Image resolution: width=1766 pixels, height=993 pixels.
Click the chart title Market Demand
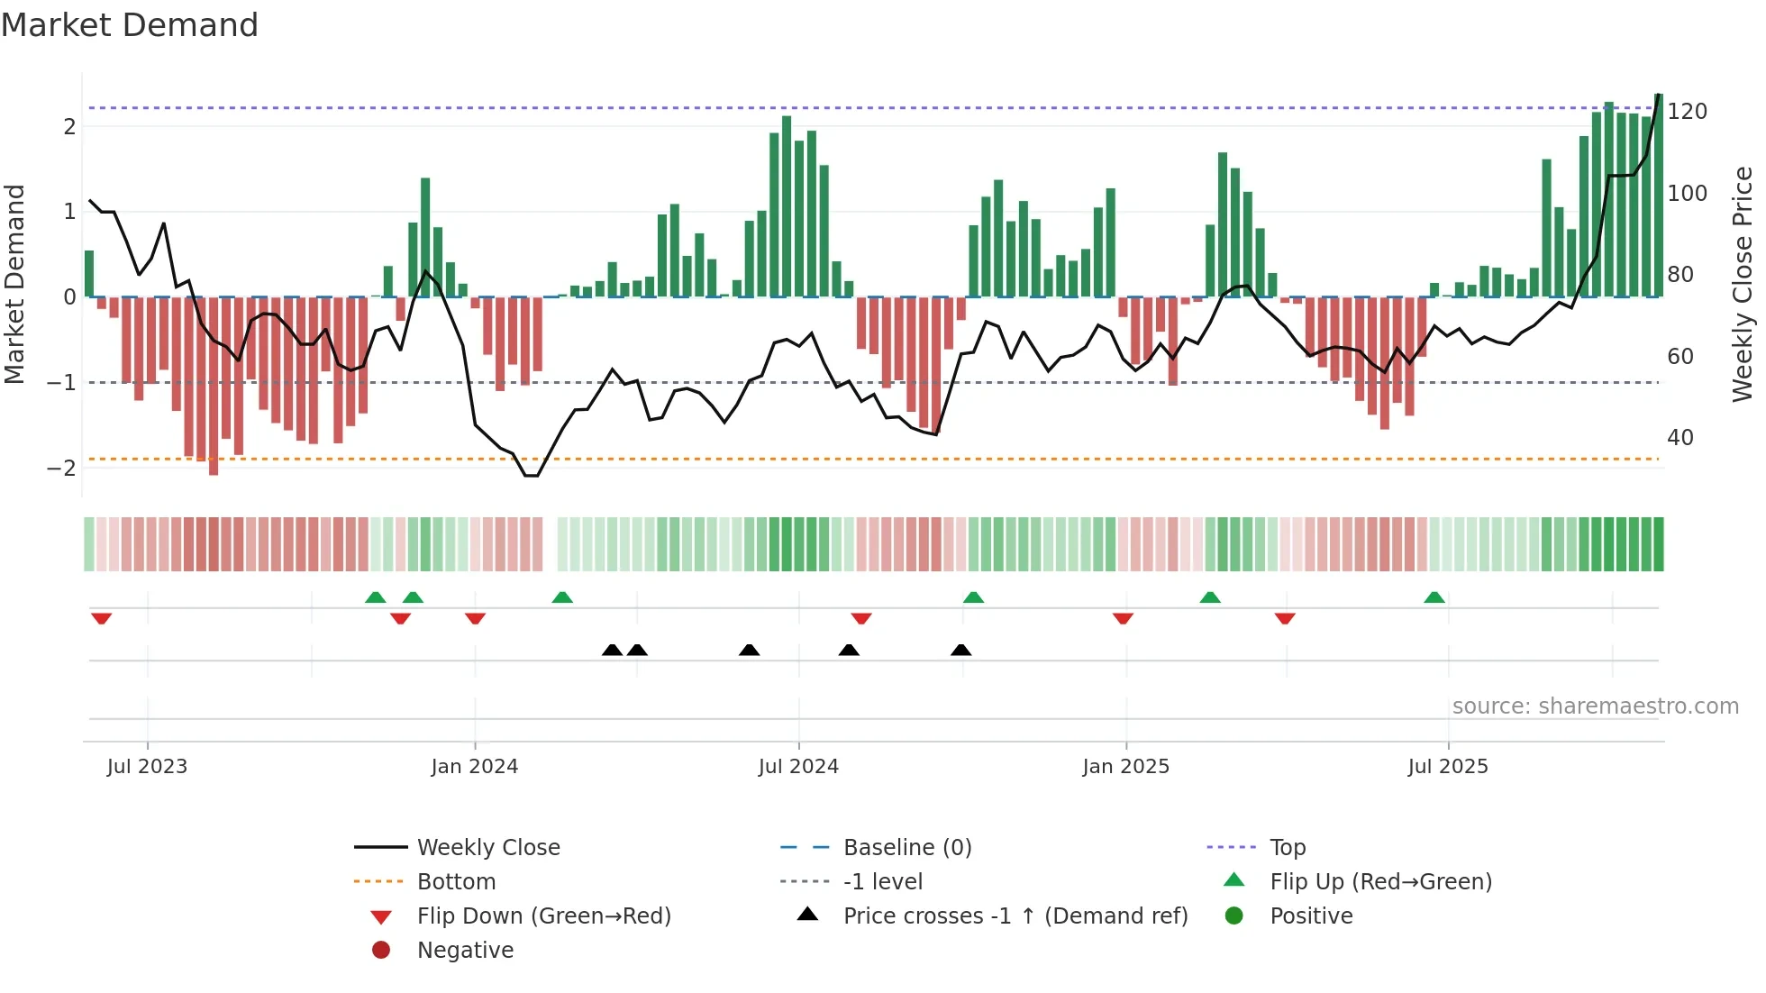130,25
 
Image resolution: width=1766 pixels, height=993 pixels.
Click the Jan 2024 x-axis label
474,767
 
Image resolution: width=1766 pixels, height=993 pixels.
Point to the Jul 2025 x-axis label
1447,767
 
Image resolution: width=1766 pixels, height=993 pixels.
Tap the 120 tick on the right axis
1687,112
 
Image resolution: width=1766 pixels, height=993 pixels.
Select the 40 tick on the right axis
1680,438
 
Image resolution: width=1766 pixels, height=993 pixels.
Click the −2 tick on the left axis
61,468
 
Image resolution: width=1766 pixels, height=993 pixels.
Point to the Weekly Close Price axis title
1743,284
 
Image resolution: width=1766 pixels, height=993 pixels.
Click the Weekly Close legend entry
487,848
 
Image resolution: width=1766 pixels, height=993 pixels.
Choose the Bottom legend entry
456,882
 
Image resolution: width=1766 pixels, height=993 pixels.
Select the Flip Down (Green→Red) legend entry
543,916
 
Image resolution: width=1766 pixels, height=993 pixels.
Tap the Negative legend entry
465,951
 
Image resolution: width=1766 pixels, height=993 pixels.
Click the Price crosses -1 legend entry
1015,916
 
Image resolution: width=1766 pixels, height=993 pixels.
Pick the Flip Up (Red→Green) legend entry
1380,882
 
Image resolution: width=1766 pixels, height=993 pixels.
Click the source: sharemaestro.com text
1595,706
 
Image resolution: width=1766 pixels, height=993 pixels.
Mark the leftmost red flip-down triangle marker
101,618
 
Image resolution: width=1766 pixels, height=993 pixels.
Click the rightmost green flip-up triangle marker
1434,597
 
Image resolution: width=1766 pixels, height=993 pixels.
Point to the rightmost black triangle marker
960,650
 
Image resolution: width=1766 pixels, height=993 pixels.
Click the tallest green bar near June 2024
787,207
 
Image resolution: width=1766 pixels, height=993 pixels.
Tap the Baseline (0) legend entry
906,848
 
